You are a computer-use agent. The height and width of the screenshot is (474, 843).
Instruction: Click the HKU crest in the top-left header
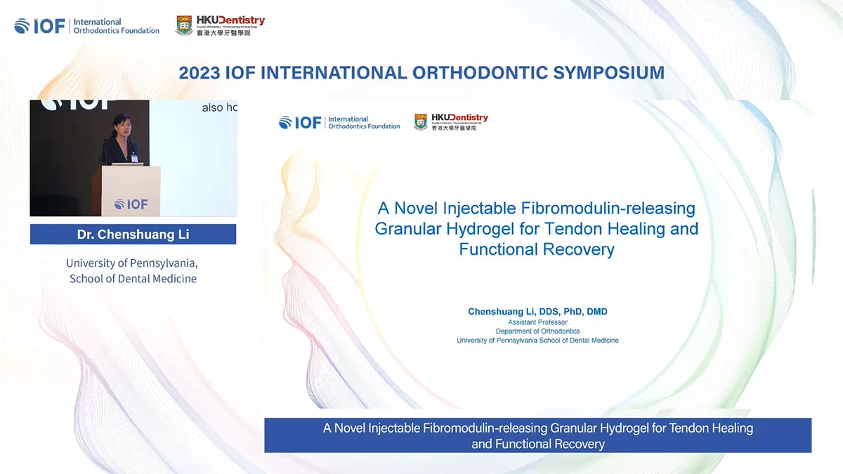(184, 25)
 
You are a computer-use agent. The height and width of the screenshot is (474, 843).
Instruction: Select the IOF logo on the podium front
(131, 204)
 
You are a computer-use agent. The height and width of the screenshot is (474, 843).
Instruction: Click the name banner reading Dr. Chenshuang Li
(133, 235)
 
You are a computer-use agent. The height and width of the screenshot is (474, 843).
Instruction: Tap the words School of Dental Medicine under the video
(133, 279)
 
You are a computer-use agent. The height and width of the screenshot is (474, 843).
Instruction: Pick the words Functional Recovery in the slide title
(537, 249)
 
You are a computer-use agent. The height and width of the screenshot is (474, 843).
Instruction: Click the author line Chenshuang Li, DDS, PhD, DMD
(537, 311)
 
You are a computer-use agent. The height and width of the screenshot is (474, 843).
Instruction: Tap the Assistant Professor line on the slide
(537, 322)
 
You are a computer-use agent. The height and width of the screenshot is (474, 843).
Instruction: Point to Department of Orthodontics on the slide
(537, 331)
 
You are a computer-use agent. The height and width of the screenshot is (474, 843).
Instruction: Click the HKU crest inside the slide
(421, 122)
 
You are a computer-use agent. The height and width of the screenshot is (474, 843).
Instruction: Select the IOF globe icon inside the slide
(285, 123)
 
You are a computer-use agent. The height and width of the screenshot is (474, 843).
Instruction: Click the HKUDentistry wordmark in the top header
(230, 21)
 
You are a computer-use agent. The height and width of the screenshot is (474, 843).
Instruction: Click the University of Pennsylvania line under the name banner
(132, 263)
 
